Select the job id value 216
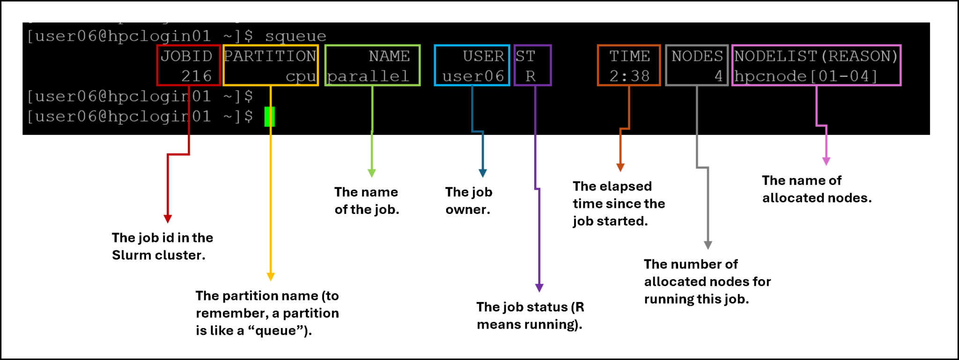click(197, 76)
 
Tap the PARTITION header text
click(270, 56)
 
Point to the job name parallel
click(368, 76)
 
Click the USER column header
click(483, 56)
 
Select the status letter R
click(530, 76)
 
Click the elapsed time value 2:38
click(629, 76)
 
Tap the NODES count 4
click(718, 76)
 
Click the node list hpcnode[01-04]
click(805, 76)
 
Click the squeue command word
click(295, 36)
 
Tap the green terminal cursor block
click(269, 117)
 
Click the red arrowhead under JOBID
click(168, 219)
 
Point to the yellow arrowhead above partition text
click(270, 277)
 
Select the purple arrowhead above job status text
click(539, 287)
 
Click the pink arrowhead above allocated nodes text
click(826, 161)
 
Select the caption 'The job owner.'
click(468, 201)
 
